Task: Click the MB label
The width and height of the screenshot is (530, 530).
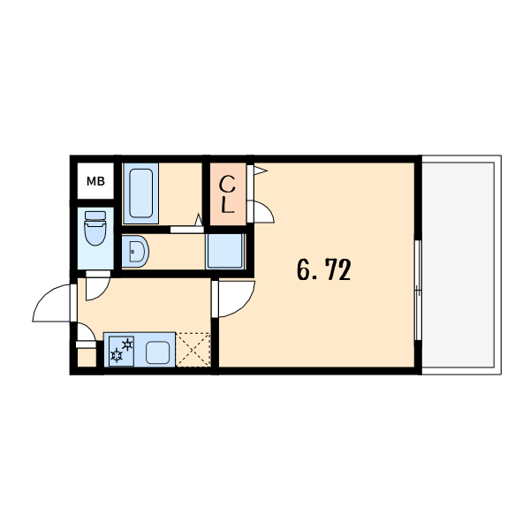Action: point(95,181)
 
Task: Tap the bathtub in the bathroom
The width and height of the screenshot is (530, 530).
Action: point(140,193)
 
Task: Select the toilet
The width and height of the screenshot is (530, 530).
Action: point(95,228)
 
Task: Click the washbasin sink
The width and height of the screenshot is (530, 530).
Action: point(135,252)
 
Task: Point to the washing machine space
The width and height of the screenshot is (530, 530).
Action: point(225,252)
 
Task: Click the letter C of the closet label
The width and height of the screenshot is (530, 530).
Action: point(227,185)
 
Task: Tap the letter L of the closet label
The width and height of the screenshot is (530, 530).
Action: point(228,206)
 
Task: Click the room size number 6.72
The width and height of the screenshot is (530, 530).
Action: point(324,269)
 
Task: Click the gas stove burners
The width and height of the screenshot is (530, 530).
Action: point(122,351)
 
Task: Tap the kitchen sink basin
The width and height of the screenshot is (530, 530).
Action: point(157,352)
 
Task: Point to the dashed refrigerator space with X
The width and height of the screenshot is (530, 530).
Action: point(193,350)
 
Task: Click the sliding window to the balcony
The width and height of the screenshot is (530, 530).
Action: point(418,290)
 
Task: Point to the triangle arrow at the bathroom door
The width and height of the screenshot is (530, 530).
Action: point(199,219)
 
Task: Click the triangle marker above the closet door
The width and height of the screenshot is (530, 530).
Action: point(261,170)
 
